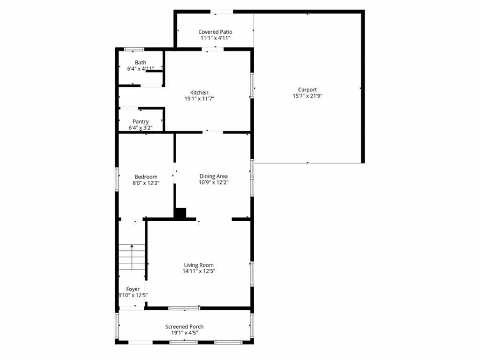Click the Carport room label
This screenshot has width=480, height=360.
coord(307,90)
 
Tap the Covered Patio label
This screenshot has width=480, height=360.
coord(215,32)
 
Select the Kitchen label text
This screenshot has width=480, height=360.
coord(199,92)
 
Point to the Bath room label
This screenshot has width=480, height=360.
coord(141,62)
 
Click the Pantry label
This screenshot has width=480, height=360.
coord(141,121)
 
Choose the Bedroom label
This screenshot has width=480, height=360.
coord(146,177)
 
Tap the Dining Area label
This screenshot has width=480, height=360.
coord(213,176)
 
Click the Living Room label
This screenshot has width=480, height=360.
coord(199,265)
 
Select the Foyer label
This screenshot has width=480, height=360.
coord(133,289)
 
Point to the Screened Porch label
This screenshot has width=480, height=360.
coord(184,327)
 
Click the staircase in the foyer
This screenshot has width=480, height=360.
coord(132,257)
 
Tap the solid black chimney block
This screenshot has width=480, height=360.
coord(180,213)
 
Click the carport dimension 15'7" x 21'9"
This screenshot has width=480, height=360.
coord(307,96)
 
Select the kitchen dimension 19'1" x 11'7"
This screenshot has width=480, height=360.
coord(199,98)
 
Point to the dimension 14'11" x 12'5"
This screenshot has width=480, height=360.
coord(199,271)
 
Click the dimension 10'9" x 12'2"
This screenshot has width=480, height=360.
coord(213,182)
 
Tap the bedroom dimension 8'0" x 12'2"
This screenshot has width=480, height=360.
coord(146,183)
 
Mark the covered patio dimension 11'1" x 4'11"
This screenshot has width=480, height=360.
coord(215,38)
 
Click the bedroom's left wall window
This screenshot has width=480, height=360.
coord(117,179)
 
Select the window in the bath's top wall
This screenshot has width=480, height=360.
coord(134,49)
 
